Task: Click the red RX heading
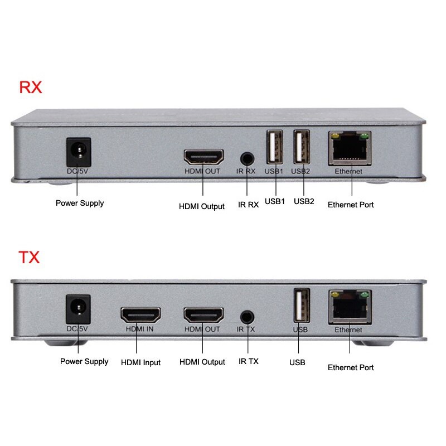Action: click(31, 88)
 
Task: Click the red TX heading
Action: click(29, 258)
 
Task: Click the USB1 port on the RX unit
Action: click(274, 148)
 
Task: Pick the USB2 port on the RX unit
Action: click(302, 148)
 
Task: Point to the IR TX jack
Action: click(248, 316)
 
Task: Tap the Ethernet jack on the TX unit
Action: click(350, 307)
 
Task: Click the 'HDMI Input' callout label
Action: click(140, 362)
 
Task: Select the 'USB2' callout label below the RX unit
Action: click(304, 201)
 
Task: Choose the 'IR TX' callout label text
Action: click(248, 361)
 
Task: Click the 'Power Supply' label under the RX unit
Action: click(80, 203)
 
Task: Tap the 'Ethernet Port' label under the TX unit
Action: click(351, 367)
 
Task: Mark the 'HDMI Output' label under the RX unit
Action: click(202, 206)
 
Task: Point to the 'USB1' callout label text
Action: click(275, 201)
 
